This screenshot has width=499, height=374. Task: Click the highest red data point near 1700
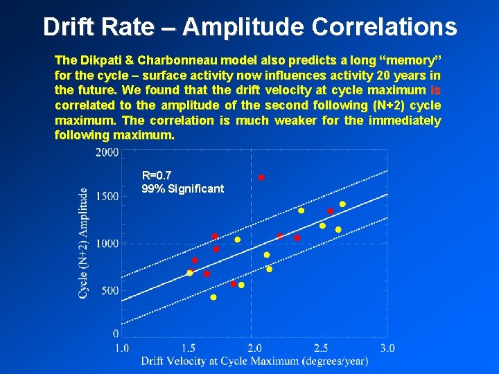pos(261,178)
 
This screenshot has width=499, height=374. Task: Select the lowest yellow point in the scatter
pos(213,297)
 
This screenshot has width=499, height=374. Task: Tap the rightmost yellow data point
pos(342,204)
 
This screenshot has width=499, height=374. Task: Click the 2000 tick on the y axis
pos(106,152)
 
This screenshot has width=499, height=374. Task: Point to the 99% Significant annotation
pos(182,188)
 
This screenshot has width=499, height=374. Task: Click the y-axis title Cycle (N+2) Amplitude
pos(83,243)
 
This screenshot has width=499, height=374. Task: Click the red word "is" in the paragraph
pos(435,90)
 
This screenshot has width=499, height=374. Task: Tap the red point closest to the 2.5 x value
pos(331,211)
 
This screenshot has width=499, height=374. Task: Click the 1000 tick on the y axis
pos(106,244)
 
